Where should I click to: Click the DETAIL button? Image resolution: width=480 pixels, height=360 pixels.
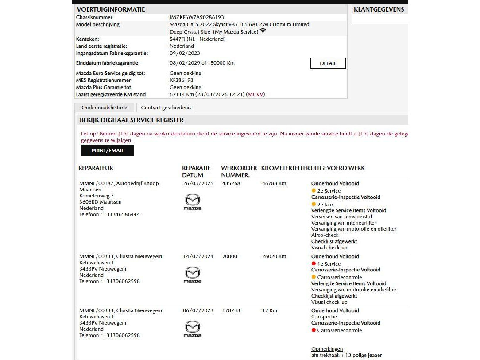328,63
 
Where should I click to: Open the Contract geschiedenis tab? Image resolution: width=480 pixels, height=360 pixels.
166,108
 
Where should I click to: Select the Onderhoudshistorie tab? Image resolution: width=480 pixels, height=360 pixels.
104,108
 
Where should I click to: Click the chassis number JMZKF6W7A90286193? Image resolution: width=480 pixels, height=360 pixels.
197,17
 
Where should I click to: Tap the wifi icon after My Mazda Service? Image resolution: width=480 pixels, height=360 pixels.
263,31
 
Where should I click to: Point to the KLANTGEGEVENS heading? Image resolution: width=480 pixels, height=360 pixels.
379,9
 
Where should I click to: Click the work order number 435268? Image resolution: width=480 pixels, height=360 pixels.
231,183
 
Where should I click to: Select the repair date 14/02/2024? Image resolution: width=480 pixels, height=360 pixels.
198,256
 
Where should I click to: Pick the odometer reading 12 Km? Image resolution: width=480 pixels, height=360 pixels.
270,310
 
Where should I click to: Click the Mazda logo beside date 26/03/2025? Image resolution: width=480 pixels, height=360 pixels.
192,202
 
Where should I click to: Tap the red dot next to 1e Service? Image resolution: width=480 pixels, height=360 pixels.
314,264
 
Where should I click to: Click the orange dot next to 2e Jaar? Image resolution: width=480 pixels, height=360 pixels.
314,205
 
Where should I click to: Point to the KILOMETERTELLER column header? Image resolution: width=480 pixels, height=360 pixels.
285,168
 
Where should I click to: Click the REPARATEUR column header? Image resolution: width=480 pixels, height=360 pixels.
96,168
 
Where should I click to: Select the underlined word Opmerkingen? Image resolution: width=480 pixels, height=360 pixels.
327,349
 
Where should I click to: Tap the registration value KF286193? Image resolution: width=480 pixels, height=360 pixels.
182,80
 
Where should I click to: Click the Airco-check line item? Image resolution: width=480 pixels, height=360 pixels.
325,235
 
